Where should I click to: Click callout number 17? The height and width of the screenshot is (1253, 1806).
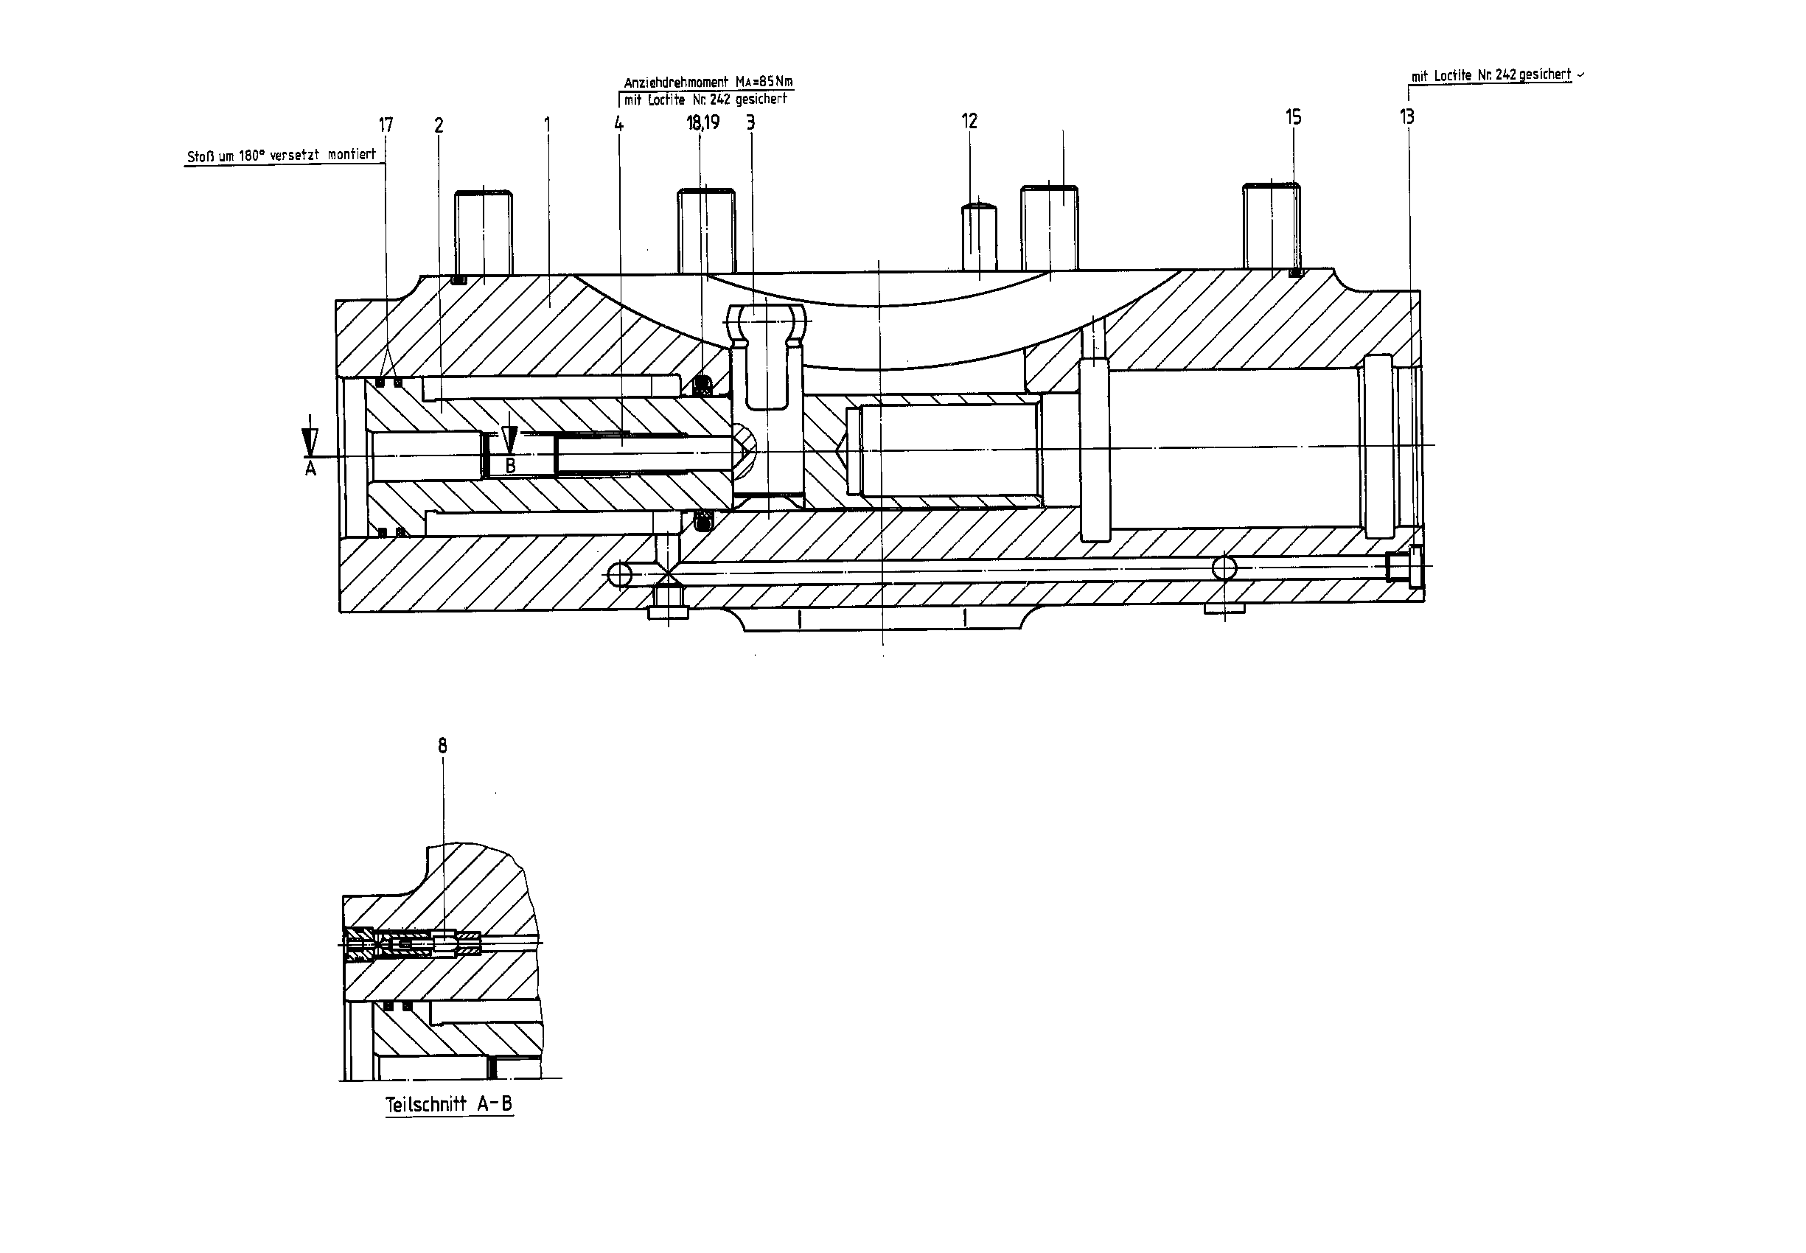click(x=386, y=125)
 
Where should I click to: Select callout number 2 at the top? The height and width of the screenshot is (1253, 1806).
click(x=439, y=125)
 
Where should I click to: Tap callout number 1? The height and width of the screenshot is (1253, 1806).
click(x=547, y=125)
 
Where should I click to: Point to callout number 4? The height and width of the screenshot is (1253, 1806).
click(x=618, y=123)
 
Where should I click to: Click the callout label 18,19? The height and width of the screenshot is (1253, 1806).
click(x=702, y=122)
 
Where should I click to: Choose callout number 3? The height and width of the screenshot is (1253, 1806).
click(x=750, y=122)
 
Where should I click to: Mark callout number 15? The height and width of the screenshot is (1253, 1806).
click(x=1293, y=117)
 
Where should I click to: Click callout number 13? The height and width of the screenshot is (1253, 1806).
click(x=1407, y=117)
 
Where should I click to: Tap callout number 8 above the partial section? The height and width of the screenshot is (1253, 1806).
click(x=443, y=746)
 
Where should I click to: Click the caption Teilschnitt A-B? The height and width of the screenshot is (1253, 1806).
click(x=449, y=1104)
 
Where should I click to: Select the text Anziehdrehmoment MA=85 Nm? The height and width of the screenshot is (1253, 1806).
click(x=708, y=82)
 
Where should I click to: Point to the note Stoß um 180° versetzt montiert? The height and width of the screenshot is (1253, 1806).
click(x=281, y=156)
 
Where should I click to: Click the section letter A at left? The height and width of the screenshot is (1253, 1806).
click(x=310, y=469)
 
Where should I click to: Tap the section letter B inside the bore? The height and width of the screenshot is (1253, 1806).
click(x=510, y=466)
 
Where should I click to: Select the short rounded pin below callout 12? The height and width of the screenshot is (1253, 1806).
click(x=979, y=237)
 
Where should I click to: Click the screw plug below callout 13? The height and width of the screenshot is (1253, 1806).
click(x=1404, y=567)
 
